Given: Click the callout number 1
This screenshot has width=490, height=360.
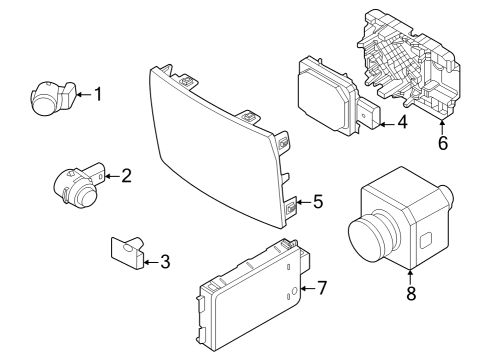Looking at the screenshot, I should coord(98,95).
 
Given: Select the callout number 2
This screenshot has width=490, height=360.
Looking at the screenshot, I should coord(126,177).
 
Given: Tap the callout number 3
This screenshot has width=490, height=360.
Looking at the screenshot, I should coord(165,263).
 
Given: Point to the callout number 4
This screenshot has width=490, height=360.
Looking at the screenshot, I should coord(401,125).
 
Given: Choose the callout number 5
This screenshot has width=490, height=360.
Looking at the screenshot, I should coord(317,202).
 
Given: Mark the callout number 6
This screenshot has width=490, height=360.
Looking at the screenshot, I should coord(442,142).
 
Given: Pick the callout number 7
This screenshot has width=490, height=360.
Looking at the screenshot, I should coord(321,289).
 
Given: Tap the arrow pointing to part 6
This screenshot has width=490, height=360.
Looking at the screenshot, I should coord(442,124).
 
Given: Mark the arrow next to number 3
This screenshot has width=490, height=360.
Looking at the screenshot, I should coord(148,263).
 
